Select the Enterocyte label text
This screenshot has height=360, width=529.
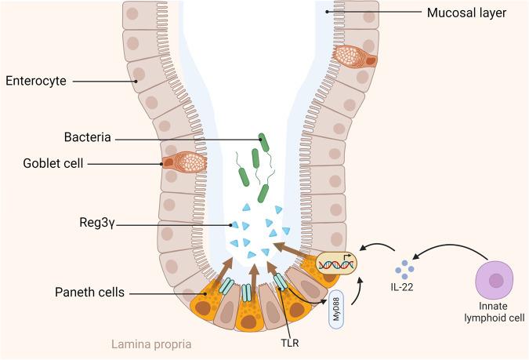click(x=35, y=80)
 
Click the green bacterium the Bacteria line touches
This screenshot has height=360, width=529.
click(x=265, y=141)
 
